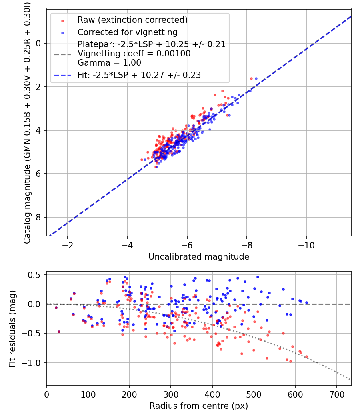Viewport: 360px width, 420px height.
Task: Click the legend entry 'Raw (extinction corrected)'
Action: pos(132,20)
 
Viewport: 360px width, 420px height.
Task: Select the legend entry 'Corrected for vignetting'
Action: pos(127,32)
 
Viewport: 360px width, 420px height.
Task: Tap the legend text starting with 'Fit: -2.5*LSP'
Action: pos(139,75)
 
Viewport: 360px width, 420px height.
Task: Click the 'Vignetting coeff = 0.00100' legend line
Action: pos(134,54)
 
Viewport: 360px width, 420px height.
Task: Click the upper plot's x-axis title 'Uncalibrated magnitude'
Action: pos(199,257)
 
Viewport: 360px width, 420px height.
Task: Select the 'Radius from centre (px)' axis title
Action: pos(199,406)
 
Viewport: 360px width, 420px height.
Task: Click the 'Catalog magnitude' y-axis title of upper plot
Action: pos(27,122)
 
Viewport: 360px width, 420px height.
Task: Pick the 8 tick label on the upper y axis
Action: pos(39,217)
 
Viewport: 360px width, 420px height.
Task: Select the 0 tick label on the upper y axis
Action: pos(39,43)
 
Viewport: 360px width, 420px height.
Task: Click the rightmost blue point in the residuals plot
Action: pos(306,303)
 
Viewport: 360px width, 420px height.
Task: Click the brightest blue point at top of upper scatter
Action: pos(256,78)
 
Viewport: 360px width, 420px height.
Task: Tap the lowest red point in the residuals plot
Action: pos(290,362)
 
